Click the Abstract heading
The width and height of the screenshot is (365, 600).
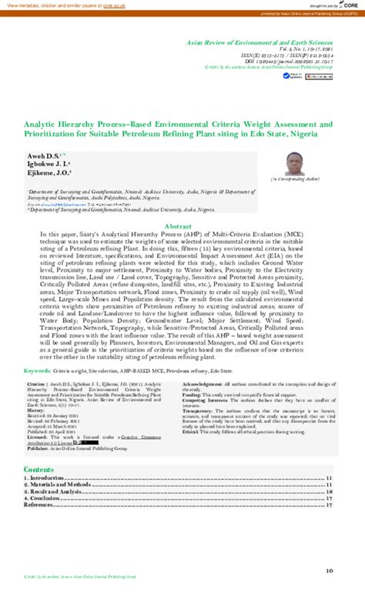click(182, 205)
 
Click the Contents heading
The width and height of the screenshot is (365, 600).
click(39, 469)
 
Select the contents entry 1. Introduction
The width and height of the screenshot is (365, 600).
click(48, 478)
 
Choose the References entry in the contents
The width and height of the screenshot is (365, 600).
click(40, 505)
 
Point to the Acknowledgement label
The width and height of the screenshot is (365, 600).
click(206, 383)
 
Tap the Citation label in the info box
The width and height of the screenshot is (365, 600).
click(36, 383)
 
